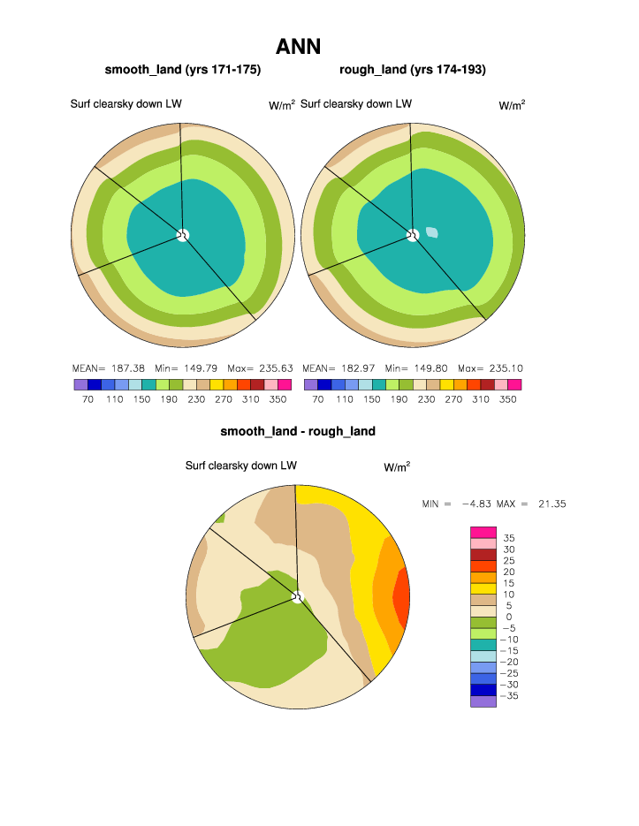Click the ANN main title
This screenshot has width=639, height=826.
tap(298, 46)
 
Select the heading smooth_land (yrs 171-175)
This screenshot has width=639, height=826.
tap(183, 70)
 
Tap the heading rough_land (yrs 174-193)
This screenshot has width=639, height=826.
tap(413, 70)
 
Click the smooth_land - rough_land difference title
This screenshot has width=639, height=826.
tap(298, 431)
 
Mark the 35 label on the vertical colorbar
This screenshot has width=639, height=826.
tap(509, 538)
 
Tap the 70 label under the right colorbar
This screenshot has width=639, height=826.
tap(318, 399)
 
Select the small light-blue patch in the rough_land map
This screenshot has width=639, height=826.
tap(432, 232)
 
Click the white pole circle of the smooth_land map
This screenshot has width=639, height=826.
tap(183, 234)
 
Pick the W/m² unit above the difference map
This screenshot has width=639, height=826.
tap(397, 466)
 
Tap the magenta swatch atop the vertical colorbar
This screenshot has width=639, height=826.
tap(483, 532)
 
